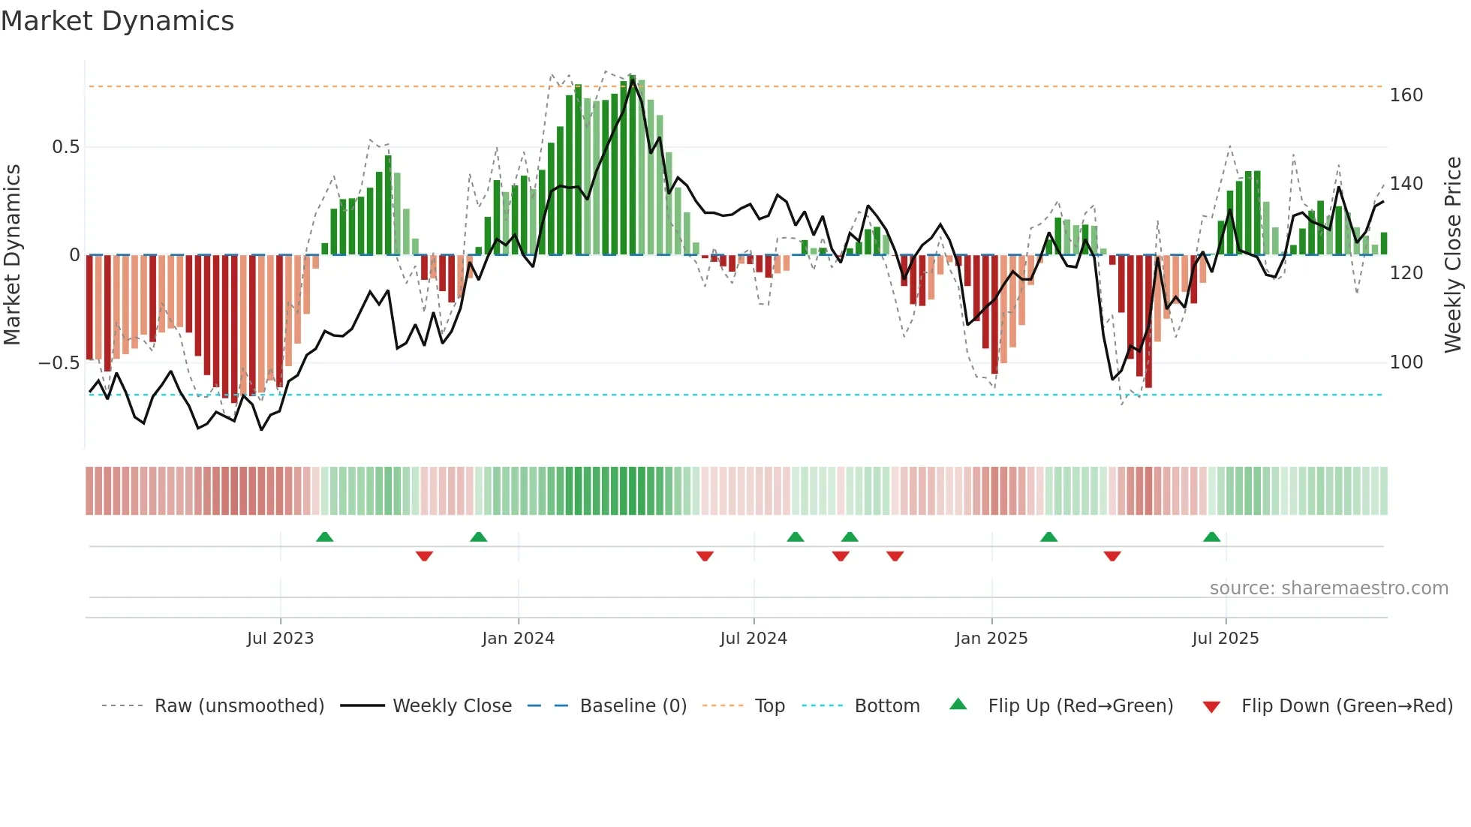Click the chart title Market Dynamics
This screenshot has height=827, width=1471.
point(117,21)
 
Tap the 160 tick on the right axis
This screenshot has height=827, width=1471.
point(1406,95)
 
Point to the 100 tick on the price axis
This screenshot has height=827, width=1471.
point(1406,362)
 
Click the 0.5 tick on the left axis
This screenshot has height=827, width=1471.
point(65,147)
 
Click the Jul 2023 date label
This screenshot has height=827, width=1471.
point(280,639)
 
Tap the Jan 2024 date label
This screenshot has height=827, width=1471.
point(518,639)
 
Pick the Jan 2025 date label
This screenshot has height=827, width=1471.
point(991,639)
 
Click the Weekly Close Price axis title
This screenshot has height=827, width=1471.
point(1453,255)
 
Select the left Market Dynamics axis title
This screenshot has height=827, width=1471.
point(12,255)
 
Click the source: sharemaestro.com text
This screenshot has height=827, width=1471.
point(1328,588)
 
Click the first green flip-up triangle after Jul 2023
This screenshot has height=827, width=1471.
point(324,537)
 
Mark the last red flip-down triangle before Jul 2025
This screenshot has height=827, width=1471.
point(1112,556)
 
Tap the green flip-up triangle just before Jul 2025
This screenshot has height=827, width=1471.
point(1211,537)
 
